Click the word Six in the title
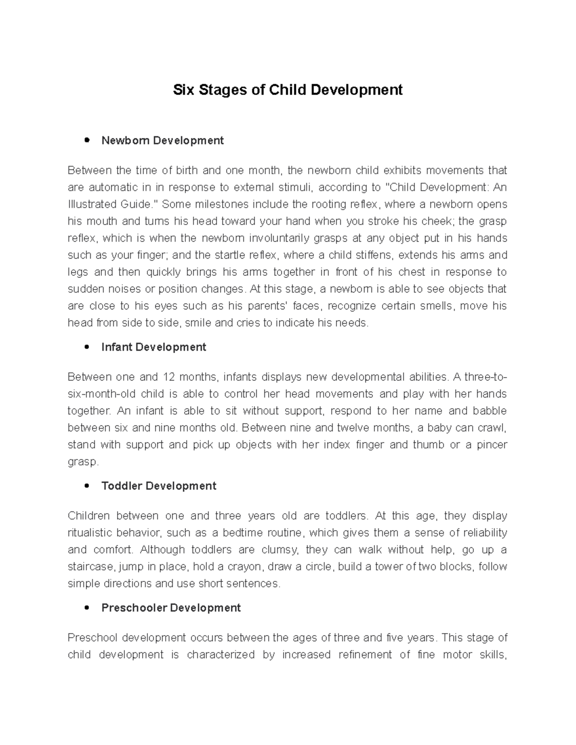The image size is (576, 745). (x=183, y=90)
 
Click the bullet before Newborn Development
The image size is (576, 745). (x=87, y=141)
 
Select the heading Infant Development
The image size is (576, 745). (x=154, y=347)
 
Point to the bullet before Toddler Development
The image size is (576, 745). (x=87, y=486)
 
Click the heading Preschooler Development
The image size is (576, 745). (x=171, y=608)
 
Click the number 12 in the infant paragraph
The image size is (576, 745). (x=169, y=377)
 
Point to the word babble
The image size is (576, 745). (x=490, y=411)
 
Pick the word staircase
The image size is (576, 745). (x=91, y=567)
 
